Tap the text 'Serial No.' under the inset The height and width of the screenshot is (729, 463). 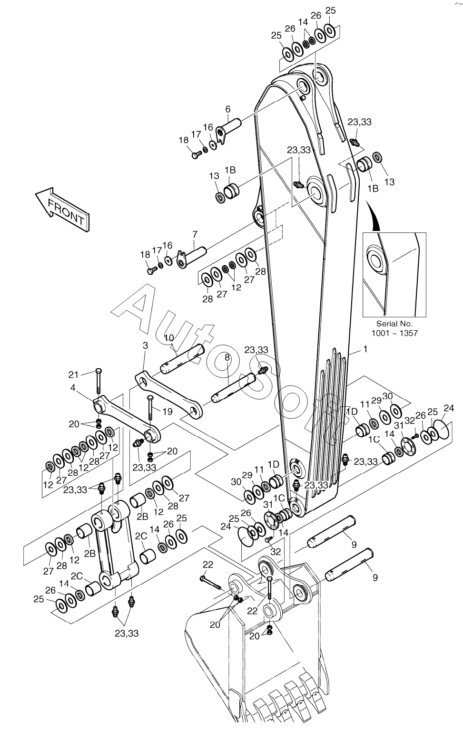point(394,323)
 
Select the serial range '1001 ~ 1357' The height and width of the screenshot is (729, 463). point(394,333)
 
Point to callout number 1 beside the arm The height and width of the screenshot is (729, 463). point(365,349)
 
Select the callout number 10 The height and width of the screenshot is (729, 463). point(169,338)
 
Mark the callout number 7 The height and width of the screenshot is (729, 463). point(194,234)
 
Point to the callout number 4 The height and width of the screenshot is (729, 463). point(73,388)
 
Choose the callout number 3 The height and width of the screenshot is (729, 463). point(145,345)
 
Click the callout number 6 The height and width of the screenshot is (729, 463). point(227,109)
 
